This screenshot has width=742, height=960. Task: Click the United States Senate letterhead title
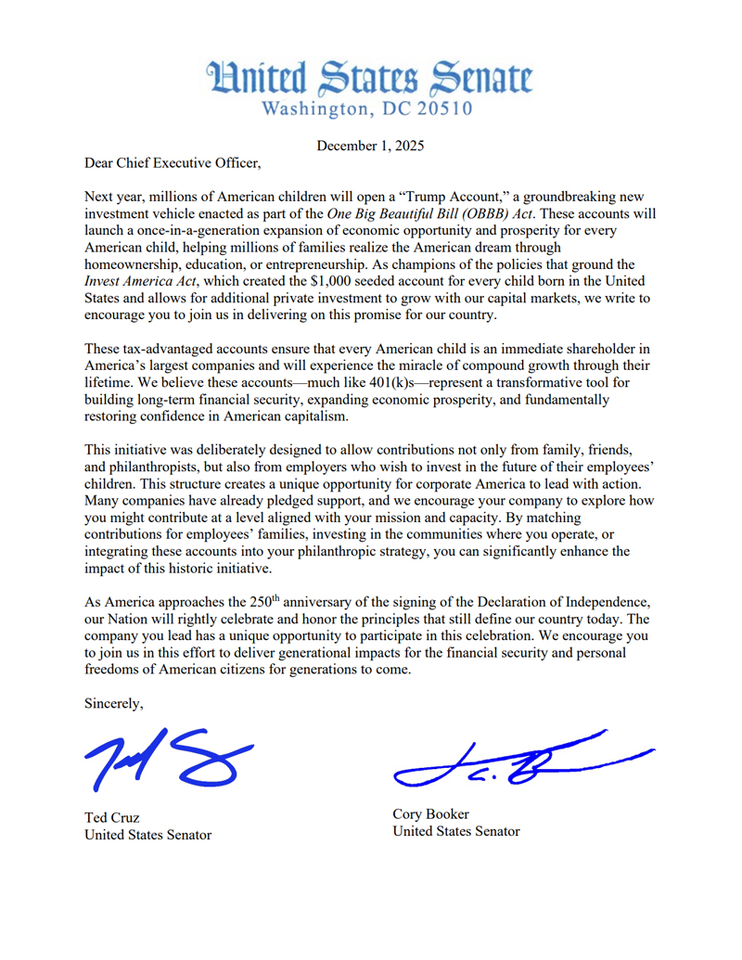click(369, 77)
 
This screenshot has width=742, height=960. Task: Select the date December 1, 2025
click(371, 145)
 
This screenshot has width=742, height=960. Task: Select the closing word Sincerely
click(113, 703)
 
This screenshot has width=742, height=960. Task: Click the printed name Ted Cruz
click(112, 817)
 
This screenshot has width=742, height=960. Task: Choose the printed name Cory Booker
click(430, 814)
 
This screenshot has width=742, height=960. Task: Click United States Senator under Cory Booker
click(456, 832)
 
